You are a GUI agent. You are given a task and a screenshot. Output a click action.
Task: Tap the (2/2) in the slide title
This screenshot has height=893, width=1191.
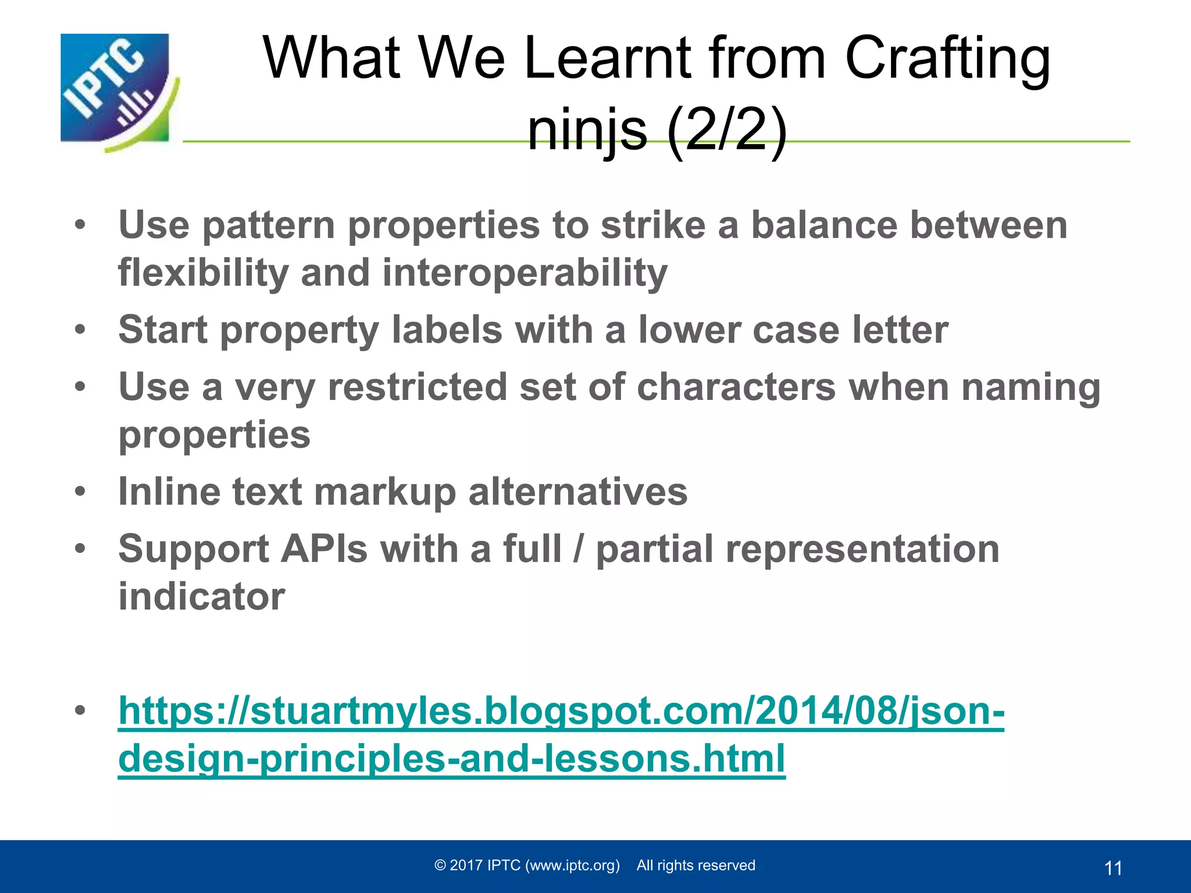coord(727,130)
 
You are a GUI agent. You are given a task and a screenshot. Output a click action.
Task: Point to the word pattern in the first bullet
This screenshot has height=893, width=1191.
coord(268,226)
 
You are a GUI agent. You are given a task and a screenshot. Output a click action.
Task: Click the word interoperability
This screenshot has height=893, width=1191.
coord(525,273)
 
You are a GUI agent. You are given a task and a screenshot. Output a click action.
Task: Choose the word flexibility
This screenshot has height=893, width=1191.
coord(203,273)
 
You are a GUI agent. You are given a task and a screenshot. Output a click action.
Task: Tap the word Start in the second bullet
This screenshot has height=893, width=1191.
coord(162,330)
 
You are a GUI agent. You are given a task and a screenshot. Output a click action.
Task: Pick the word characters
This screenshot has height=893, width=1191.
coord(736,387)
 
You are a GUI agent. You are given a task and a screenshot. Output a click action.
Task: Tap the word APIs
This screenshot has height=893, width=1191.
coord(324,549)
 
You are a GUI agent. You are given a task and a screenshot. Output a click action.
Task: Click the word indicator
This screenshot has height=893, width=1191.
coord(202,596)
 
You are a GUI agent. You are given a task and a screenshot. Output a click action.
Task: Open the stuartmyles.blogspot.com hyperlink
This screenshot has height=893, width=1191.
coord(561,712)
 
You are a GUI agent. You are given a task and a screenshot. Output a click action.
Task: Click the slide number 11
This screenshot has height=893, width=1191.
coord(1112,868)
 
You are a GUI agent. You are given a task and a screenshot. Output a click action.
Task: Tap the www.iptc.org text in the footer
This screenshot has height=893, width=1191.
coord(572,866)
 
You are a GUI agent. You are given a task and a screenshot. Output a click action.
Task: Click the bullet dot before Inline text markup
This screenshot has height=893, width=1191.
coord(80,492)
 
